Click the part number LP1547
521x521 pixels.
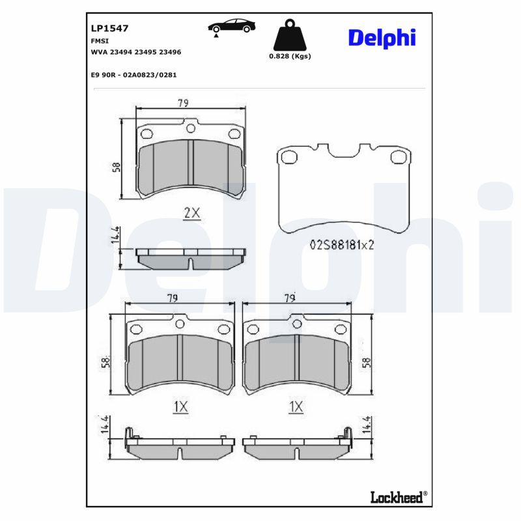(109, 28)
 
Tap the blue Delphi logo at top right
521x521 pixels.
(382, 38)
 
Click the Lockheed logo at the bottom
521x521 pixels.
(399, 497)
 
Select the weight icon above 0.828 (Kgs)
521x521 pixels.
(290, 35)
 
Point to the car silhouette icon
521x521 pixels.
(232, 26)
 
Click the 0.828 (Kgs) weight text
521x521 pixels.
(290, 56)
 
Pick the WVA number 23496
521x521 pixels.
(170, 52)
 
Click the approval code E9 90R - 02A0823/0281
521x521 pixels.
(134, 75)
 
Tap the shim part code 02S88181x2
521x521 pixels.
(342, 245)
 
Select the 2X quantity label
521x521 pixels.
(192, 213)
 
